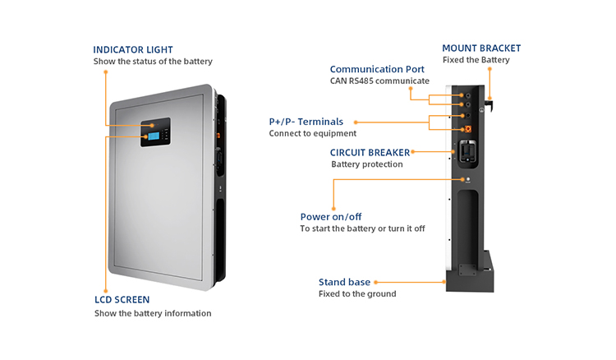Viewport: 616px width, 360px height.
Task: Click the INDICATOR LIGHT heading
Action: [133, 50]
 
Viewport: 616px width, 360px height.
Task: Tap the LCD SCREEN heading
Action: [122, 300]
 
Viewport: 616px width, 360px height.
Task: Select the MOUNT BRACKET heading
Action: [481, 48]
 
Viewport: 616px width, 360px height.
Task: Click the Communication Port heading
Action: [377, 69]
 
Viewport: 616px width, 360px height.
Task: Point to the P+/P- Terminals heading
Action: [306, 122]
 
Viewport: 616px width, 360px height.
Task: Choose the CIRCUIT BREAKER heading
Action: [370, 153]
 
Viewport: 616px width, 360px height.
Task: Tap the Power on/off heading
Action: [331, 217]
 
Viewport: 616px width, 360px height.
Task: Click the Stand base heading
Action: [344, 282]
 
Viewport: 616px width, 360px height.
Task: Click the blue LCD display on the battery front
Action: [154, 136]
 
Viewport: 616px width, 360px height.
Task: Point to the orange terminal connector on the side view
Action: [468, 129]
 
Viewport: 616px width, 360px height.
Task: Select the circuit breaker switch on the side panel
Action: [467, 152]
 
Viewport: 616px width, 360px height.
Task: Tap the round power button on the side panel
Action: [468, 179]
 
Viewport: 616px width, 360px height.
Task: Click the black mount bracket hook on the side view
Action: [489, 105]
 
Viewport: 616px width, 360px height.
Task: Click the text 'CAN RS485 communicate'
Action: [379, 81]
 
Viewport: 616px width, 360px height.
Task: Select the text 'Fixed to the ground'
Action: [357, 294]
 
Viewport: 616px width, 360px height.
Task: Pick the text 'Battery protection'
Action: [367, 164]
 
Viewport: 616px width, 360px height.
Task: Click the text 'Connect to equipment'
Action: [313, 134]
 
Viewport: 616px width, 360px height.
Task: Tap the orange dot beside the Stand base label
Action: [375, 282]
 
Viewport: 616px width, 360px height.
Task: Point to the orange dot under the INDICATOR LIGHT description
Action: [106, 72]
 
